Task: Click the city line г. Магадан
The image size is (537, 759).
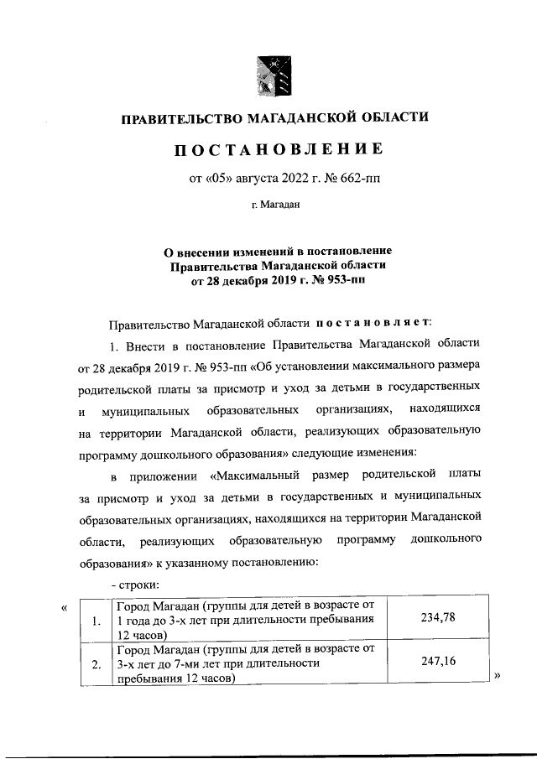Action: click(276, 203)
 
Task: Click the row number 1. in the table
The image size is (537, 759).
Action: click(96, 621)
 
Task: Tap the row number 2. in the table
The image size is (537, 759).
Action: click(96, 666)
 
